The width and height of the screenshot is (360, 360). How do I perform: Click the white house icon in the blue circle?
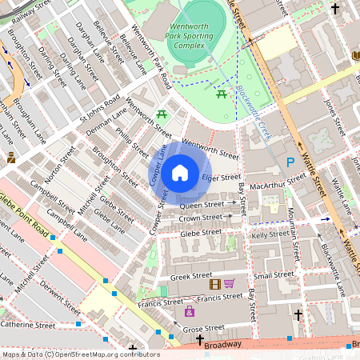(180, 172)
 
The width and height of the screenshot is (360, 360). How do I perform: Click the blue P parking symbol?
(290, 162)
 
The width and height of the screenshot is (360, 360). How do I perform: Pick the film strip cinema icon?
(214, 284)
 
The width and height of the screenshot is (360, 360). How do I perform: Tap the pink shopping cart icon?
(229, 284)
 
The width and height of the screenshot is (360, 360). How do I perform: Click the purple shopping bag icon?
(190, 311)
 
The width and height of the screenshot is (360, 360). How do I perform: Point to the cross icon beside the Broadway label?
(200, 341)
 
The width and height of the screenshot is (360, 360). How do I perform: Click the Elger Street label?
(221, 178)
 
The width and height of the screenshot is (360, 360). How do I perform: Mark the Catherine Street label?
(28, 325)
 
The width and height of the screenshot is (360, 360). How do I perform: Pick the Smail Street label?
(274, 275)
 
